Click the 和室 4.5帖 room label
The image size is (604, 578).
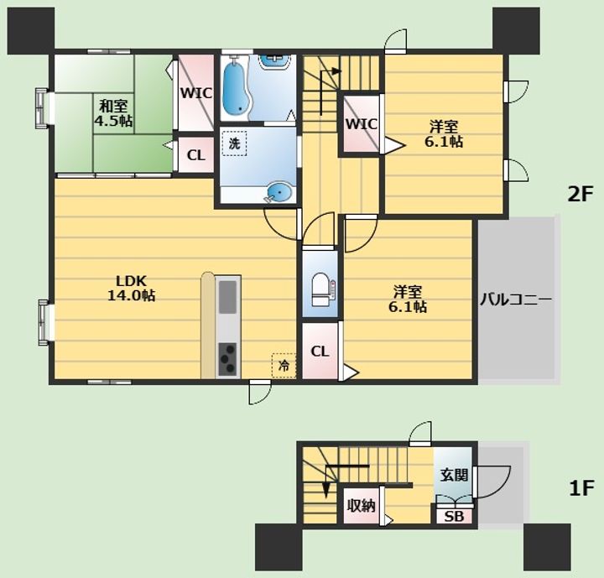click(x=113, y=113)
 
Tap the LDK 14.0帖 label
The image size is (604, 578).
click(x=132, y=288)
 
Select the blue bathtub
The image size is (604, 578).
click(x=236, y=89)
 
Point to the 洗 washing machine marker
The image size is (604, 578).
click(x=234, y=143)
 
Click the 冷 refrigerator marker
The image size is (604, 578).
click(x=284, y=365)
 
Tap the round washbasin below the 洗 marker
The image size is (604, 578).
click(x=279, y=191)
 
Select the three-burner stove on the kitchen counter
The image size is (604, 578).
click(x=227, y=359)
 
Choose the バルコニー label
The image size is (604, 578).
click(x=516, y=299)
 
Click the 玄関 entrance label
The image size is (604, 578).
click(x=455, y=475)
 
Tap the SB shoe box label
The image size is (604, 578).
click(x=454, y=517)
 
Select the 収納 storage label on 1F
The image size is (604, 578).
click(x=362, y=506)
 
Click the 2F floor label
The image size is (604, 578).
click(x=580, y=195)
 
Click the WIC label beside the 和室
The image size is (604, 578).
click(x=196, y=93)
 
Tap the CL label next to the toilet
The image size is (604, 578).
click(x=320, y=351)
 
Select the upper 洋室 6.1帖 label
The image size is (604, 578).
click(x=444, y=134)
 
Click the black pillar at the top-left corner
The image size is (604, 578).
click(x=31, y=31)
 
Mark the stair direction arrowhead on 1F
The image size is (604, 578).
click(x=326, y=491)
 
